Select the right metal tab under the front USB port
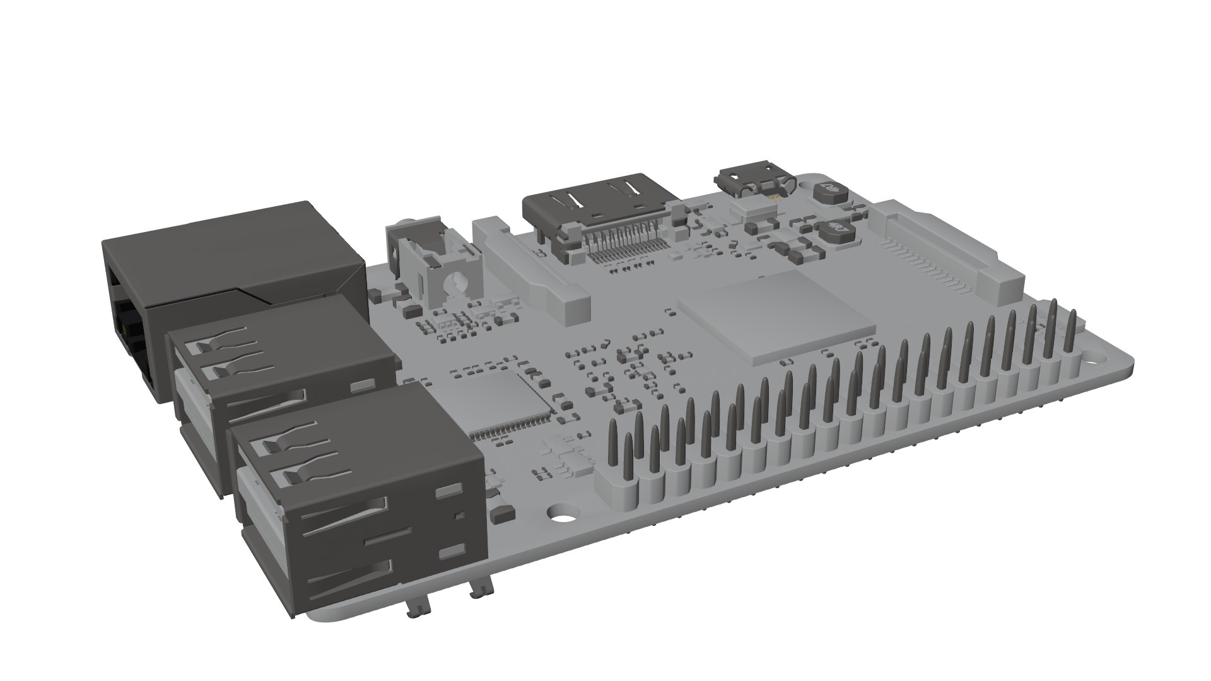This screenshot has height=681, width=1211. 481,590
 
